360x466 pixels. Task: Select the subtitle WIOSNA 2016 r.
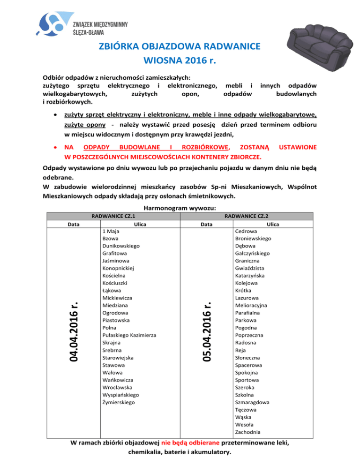(180, 61)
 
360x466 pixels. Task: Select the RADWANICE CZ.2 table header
(246, 217)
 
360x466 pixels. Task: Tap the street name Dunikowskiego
(120, 246)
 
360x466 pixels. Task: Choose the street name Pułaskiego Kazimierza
(129, 335)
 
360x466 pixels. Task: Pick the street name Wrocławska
(117, 388)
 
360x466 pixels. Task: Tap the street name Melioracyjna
(251, 305)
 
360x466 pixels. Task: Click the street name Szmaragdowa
(252, 402)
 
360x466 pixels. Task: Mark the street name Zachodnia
(248, 432)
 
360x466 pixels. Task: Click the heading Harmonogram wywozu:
(180, 209)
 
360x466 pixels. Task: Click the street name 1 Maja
(111, 231)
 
